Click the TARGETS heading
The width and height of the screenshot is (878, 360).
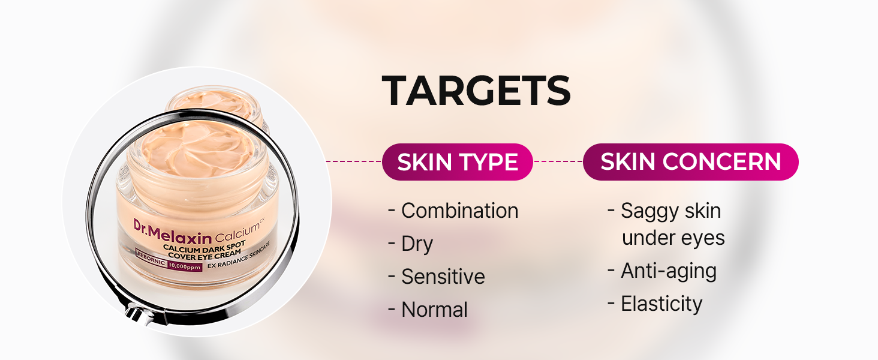(476, 91)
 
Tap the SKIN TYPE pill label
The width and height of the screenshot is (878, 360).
(458, 162)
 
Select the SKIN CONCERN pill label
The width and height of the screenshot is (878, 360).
(691, 162)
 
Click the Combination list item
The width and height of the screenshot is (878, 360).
(453, 211)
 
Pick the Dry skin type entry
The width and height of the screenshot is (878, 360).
(410, 244)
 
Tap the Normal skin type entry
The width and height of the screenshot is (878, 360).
(428, 310)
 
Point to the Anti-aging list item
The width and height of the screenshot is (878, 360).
(663, 271)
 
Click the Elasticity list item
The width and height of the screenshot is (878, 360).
(655, 304)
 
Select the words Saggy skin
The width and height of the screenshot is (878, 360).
(671, 211)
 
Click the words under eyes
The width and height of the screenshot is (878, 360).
(673, 238)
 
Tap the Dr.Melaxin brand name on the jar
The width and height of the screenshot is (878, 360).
(173, 234)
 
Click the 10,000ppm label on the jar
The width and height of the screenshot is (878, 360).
(185, 266)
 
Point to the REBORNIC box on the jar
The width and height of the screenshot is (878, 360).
(151, 257)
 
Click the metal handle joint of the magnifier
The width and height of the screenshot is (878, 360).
(138, 313)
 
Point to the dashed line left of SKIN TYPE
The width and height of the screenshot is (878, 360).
(354, 161)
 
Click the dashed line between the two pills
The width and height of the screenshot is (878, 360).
(558, 161)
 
